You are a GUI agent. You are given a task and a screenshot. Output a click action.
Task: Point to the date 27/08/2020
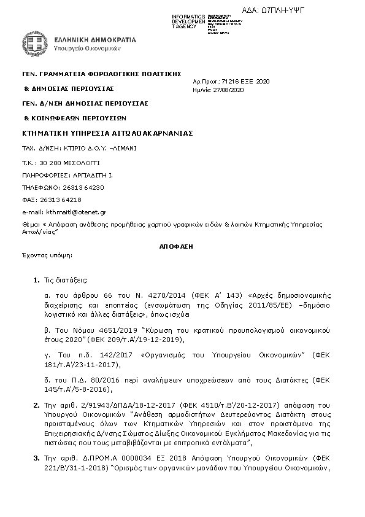[230, 90]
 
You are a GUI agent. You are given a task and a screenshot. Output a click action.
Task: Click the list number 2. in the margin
[36, 405]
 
